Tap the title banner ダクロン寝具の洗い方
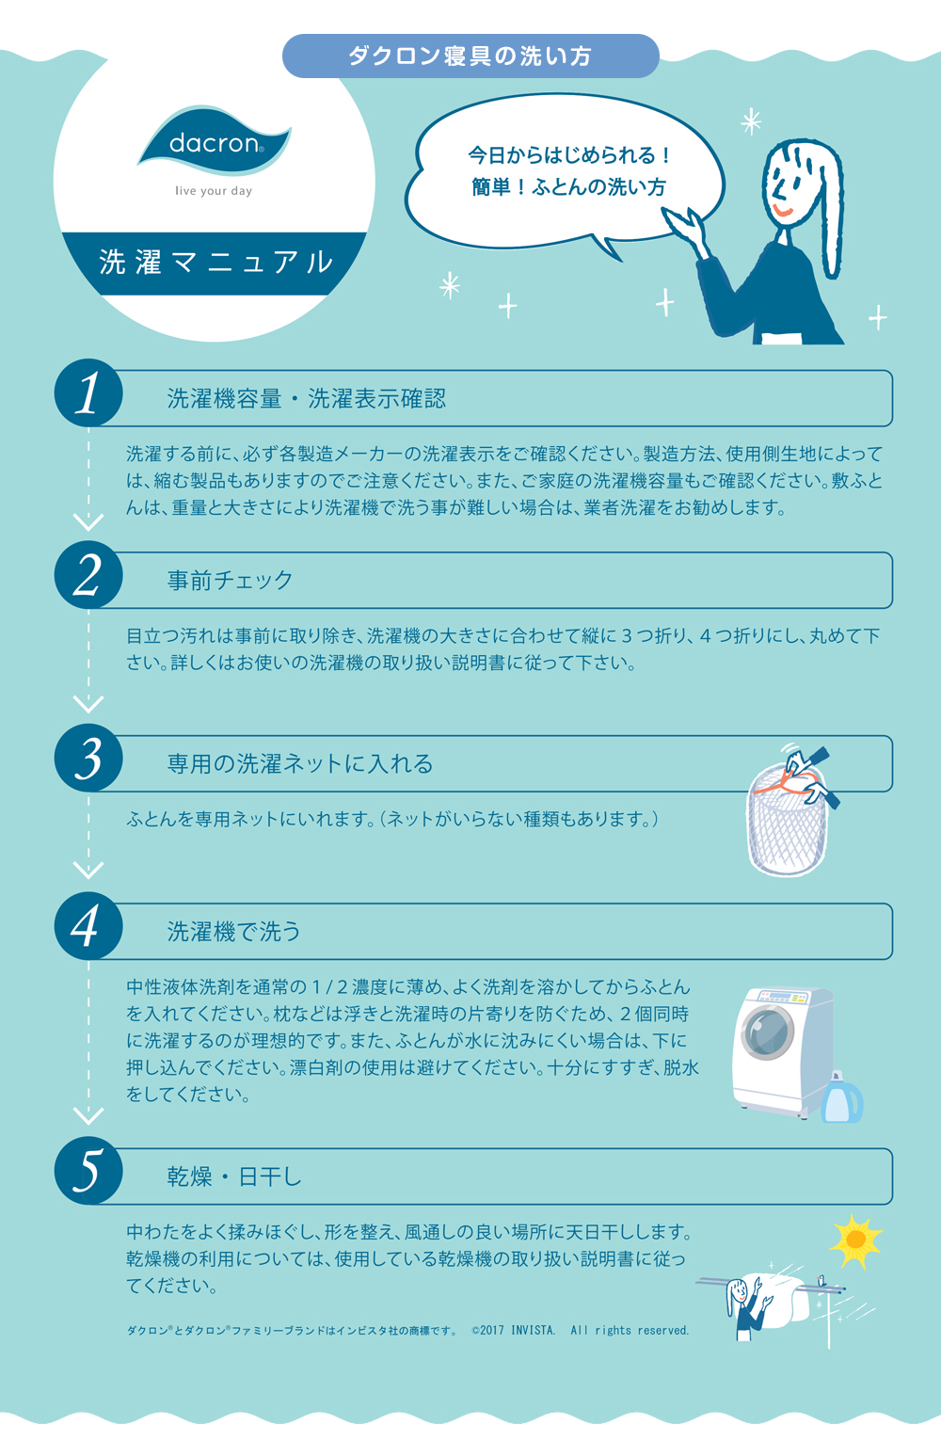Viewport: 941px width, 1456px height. (x=470, y=56)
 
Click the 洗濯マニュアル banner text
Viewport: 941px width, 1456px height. (x=215, y=262)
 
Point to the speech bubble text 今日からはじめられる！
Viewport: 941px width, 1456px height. (x=569, y=155)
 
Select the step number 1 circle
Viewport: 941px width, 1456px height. (x=88, y=392)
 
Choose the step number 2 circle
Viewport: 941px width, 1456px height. (x=88, y=575)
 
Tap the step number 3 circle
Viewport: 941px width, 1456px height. (x=88, y=758)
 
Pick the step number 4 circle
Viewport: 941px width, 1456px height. (x=88, y=926)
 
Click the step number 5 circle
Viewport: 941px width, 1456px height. (x=88, y=1171)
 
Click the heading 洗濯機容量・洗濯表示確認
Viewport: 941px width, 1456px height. (x=307, y=398)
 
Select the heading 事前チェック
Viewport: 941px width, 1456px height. (x=230, y=580)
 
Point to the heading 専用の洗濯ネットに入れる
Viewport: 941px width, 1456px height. (x=300, y=763)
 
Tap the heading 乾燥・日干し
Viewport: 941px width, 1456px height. (x=234, y=1176)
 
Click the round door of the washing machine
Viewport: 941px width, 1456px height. (x=768, y=1032)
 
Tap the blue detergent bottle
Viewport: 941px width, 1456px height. (x=841, y=1097)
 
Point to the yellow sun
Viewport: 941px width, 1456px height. (x=855, y=1240)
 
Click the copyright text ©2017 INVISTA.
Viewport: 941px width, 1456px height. (x=514, y=1330)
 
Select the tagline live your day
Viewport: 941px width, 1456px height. (x=214, y=191)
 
